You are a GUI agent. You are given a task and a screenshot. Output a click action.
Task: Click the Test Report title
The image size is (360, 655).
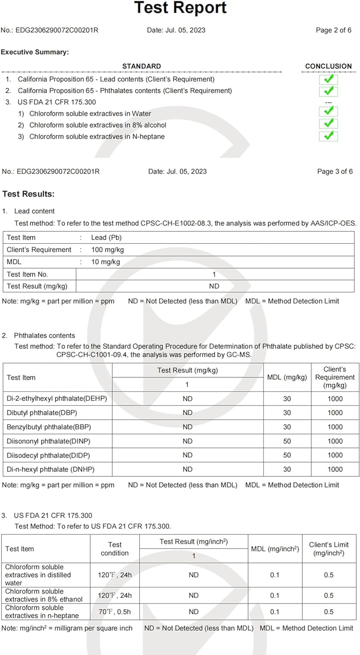click(180, 8)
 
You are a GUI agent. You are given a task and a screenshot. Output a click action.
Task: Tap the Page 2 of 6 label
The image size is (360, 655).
click(333, 30)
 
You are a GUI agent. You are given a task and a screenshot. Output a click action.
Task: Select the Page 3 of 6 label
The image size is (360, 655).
click(335, 171)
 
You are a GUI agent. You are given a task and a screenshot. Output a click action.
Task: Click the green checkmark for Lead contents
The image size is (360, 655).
click(329, 79)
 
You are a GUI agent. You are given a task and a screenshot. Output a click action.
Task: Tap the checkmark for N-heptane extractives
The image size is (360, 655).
click(329, 136)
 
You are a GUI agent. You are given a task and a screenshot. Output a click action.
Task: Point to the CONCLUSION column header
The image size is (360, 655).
click(328, 66)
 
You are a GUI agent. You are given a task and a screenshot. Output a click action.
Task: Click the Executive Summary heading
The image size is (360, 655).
click(35, 52)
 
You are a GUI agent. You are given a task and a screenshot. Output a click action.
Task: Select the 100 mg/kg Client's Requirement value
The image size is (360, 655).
click(107, 250)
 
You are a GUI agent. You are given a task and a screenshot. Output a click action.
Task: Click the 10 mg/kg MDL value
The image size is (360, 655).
click(105, 262)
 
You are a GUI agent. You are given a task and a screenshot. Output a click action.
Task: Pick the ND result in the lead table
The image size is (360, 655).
click(214, 286)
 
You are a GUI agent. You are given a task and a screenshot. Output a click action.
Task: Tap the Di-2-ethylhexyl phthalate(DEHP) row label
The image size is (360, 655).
click(57, 399)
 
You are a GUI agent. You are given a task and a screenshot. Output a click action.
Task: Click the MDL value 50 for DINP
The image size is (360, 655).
click(287, 441)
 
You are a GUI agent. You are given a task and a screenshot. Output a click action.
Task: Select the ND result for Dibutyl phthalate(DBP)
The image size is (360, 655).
click(187, 413)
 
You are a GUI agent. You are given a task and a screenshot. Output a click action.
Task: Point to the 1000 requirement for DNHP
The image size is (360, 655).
click(335, 469)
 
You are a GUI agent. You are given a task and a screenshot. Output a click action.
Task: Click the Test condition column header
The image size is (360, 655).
click(114, 549)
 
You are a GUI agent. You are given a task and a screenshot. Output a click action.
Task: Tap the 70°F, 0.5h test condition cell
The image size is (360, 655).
click(114, 612)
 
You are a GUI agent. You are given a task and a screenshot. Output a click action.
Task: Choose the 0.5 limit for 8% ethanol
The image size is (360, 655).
click(329, 596)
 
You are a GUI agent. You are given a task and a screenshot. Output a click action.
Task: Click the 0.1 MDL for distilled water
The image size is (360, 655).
click(274, 575)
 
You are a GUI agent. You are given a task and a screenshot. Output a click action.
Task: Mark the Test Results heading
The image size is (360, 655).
click(28, 194)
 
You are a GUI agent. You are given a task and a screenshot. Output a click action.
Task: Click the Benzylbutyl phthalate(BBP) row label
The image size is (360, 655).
click(49, 427)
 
